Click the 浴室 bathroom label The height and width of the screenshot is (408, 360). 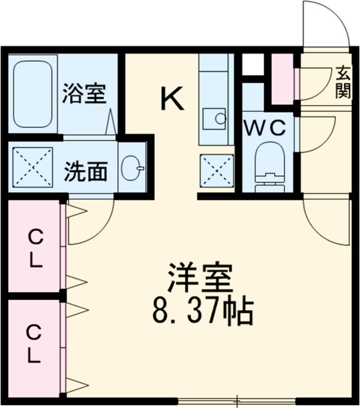click(85, 95)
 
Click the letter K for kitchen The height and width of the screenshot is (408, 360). click(172, 98)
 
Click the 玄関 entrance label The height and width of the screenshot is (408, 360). click(343, 82)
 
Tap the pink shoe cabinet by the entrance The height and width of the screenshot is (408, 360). click(282, 78)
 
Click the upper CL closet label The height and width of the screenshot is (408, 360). click(35, 250)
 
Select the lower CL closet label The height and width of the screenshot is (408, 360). click(35, 344)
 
